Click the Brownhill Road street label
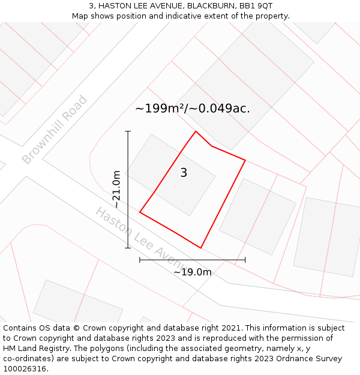click(x=55, y=130)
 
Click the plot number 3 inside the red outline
click(x=184, y=173)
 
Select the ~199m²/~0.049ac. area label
click(x=193, y=109)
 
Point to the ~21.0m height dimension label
click(x=116, y=190)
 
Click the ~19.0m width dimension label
click(x=193, y=272)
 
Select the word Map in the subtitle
click(x=80, y=16)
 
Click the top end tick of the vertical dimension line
click(x=128, y=131)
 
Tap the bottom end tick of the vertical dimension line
click(x=128, y=248)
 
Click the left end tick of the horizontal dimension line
click(x=140, y=260)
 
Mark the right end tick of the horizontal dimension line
click(x=245, y=260)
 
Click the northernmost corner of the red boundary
click(x=196, y=131)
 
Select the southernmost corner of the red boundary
click(x=200, y=248)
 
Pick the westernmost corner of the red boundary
click(x=140, y=212)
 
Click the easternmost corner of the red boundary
click(x=245, y=160)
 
